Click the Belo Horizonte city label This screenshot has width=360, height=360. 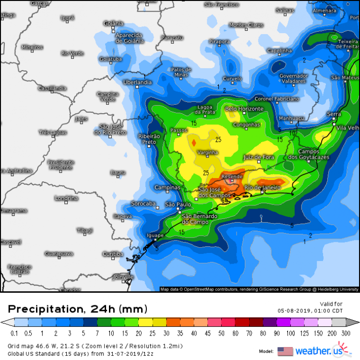[244, 109]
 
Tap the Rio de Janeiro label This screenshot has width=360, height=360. [262, 188]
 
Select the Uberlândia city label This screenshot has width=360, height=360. [137, 82]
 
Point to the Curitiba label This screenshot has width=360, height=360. [113, 254]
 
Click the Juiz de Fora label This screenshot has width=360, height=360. [260, 157]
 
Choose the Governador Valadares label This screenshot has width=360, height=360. [293, 79]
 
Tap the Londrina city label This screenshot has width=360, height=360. [66, 198]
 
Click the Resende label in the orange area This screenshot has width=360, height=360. [232, 177]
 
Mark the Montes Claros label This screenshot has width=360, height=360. [246, 25]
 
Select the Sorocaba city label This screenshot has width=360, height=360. [144, 204]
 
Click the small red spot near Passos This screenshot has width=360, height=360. [193, 143]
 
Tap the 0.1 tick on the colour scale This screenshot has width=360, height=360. [14, 333]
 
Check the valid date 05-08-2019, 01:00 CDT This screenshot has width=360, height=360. [312, 310]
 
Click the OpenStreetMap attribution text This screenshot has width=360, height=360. [259, 289]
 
